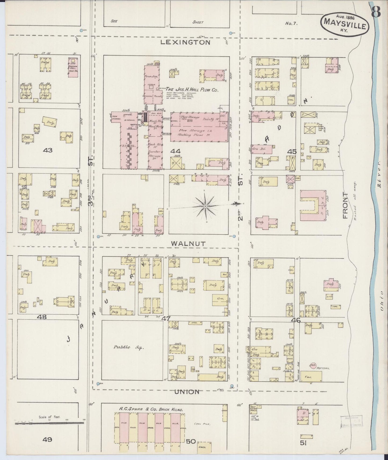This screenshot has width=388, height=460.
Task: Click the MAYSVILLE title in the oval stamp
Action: click(345, 26)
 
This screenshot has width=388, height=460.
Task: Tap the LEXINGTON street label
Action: click(185, 42)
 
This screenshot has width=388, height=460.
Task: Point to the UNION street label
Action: click(187, 392)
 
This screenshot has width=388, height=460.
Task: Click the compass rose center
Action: click(205, 206)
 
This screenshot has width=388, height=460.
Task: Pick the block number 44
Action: click(175, 151)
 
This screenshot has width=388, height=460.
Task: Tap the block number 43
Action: click(47, 150)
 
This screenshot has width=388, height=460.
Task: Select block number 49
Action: click(47, 439)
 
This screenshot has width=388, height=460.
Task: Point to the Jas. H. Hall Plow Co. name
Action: click(191, 90)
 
